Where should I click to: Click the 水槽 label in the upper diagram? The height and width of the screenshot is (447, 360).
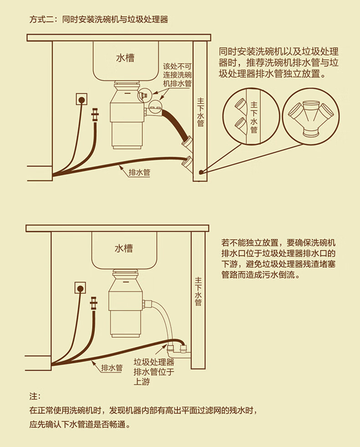[x=125, y=58]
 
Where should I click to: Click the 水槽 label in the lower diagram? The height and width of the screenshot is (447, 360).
[x=123, y=248]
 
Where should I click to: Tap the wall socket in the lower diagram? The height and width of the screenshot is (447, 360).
[x=80, y=288]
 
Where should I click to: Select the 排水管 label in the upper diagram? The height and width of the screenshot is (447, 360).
[x=139, y=172]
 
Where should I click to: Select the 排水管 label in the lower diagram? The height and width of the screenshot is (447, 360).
[x=112, y=368]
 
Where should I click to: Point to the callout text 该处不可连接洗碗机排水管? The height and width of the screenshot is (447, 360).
[x=177, y=75]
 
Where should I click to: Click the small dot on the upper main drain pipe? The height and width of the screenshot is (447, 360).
[x=201, y=172]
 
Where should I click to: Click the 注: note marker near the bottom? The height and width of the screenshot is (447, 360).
[x=35, y=396]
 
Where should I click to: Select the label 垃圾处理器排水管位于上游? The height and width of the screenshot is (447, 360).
[x=154, y=372]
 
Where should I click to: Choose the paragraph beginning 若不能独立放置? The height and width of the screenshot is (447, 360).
[x=278, y=259]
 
